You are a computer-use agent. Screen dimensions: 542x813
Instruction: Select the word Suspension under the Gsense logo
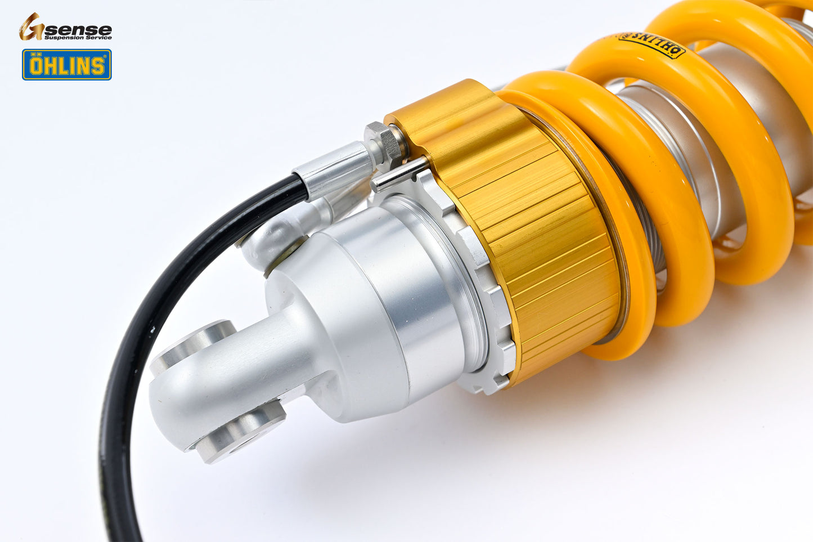pyautogui.click(x=63, y=38)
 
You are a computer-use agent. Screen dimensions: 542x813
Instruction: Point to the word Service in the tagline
pyautogui.click(x=98, y=38)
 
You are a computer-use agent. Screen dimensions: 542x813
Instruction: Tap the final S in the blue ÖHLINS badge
pyautogui.click(x=98, y=66)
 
